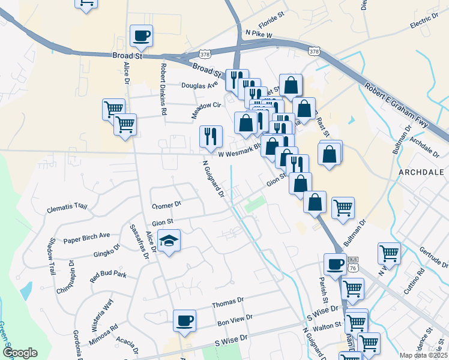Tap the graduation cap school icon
[x=169, y=241]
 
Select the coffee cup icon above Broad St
[x=141, y=35]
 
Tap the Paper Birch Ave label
[x=88, y=236]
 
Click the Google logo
[x=20, y=353]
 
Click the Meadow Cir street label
[x=206, y=109]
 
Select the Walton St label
[x=327, y=326]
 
